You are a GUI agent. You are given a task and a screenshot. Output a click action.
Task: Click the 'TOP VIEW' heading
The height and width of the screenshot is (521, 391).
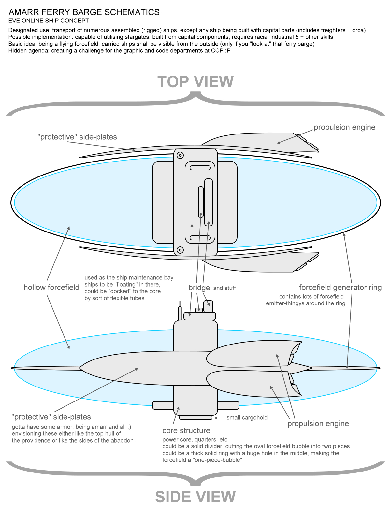click(x=195, y=82)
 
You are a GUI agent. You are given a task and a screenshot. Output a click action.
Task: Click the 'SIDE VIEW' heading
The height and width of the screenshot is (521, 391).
click(x=195, y=497)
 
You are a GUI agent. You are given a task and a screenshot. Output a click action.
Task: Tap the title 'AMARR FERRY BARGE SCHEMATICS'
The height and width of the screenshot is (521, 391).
click(x=84, y=12)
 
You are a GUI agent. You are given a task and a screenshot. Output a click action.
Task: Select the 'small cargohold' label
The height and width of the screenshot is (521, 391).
click(x=247, y=418)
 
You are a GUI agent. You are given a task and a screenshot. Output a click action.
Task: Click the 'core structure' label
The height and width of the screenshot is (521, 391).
click(x=186, y=431)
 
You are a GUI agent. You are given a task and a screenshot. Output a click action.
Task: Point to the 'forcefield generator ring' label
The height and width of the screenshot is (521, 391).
click(x=340, y=288)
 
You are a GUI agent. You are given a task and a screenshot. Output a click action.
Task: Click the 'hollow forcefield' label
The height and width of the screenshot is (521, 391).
click(x=51, y=288)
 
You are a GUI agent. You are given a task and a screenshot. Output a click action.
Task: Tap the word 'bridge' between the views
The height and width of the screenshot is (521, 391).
click(x=199, y=288)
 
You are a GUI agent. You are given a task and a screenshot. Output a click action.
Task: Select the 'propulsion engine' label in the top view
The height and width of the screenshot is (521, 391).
click(x=344, y=127)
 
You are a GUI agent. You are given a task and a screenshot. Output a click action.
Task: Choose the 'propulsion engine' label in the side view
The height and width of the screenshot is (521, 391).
click(x=318, y=424)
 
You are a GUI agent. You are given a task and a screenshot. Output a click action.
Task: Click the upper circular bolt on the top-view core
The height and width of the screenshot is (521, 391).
click(x=180, y=155)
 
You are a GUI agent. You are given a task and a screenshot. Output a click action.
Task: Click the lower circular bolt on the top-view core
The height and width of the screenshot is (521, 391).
click(x=180, y=250)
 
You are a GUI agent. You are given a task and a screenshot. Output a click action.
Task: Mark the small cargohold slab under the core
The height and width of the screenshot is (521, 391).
click(x=196, y=417)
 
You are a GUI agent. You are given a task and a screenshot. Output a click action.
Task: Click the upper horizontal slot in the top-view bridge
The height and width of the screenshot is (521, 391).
click(x=200, y=168)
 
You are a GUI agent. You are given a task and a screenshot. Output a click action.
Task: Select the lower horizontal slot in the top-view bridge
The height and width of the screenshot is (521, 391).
click(x=200, y=238)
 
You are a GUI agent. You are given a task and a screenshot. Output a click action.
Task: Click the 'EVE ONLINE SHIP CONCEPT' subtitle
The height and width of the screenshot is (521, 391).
click(x=49, y=21)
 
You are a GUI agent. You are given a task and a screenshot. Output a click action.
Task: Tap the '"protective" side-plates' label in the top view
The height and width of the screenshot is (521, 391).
click(x=77, y=137)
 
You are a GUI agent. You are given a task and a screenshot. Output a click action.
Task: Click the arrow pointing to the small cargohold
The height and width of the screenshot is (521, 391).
click(x=219, y=418)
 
